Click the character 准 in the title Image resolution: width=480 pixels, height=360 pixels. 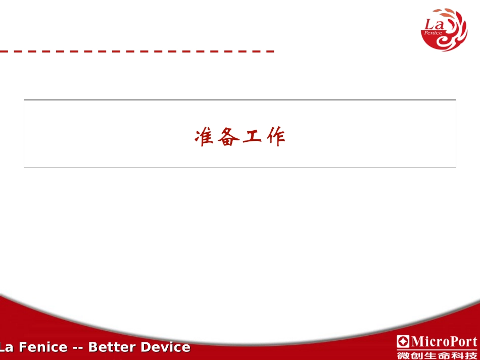[203, 136]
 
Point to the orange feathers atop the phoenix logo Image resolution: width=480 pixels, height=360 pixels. [445, 12]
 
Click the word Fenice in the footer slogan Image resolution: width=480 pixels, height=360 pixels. [43, 347]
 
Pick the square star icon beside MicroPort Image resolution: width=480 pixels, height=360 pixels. [404, 341]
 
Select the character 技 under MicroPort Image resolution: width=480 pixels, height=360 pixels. [471, 355]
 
